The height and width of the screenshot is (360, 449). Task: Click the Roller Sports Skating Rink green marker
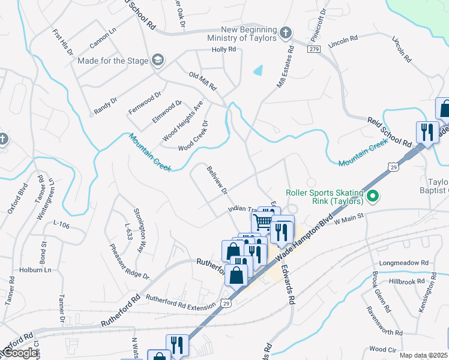[372, 196]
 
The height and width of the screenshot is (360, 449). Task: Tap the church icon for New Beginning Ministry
[286, 32]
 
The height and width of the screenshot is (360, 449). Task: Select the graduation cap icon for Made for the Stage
[157, 59]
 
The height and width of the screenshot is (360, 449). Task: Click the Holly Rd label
[224, 49]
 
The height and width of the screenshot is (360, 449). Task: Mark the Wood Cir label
[382, 349]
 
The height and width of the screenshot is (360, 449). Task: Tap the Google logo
[20, 353]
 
